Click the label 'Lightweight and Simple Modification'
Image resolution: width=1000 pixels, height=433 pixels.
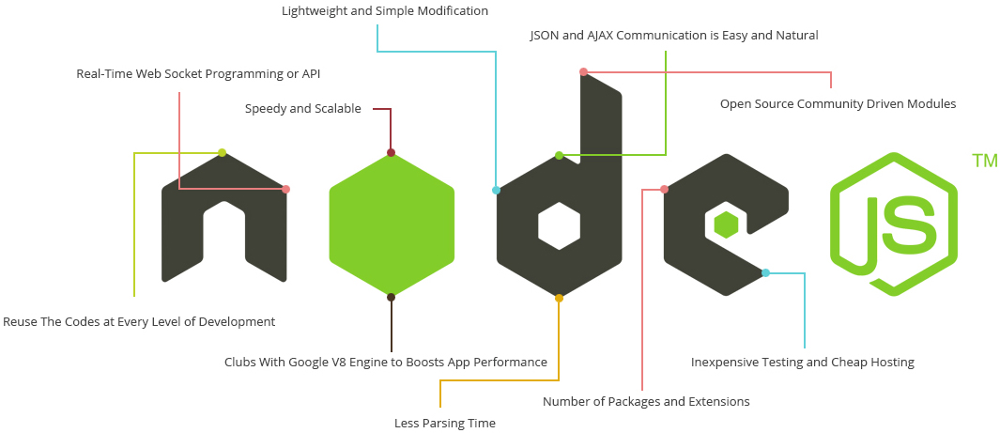click(385, 11)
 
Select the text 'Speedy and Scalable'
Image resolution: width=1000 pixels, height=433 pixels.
click(302, 109)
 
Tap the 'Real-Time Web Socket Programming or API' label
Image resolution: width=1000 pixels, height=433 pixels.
click(205, 73)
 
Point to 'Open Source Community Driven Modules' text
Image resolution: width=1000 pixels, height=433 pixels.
click(838, 104)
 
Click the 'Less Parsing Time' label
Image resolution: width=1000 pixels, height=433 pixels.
click(444, 424)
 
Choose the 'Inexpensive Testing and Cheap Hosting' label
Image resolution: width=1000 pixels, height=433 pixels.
click(802, 363)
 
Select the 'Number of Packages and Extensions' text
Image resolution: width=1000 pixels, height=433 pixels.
click(646, 402)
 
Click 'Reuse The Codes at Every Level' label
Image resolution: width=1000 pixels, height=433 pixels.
click(139, 322)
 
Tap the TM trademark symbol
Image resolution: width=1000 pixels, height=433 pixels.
click(985, 162)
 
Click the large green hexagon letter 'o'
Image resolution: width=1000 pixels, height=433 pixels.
click(392, 225)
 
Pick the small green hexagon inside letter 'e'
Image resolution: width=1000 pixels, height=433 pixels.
click(726, 225)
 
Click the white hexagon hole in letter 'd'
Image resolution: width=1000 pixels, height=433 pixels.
click(559, 225)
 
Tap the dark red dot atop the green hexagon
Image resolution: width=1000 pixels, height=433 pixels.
click(391, 153)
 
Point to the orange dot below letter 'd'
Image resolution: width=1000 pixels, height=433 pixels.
click(559, 298)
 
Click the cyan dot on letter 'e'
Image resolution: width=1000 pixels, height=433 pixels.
click(765, 273)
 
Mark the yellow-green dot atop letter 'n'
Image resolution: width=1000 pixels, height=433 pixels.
click(222, 153)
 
